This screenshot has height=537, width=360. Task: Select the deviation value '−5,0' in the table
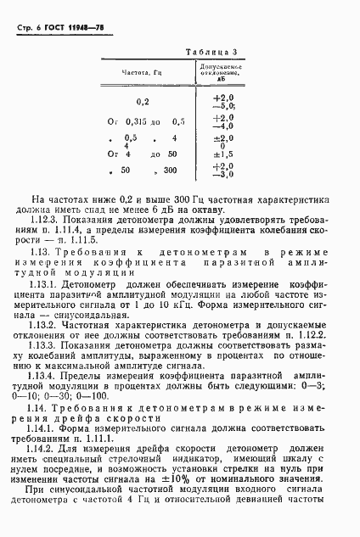point(222,107)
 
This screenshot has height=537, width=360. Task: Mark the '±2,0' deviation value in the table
point(222,137)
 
